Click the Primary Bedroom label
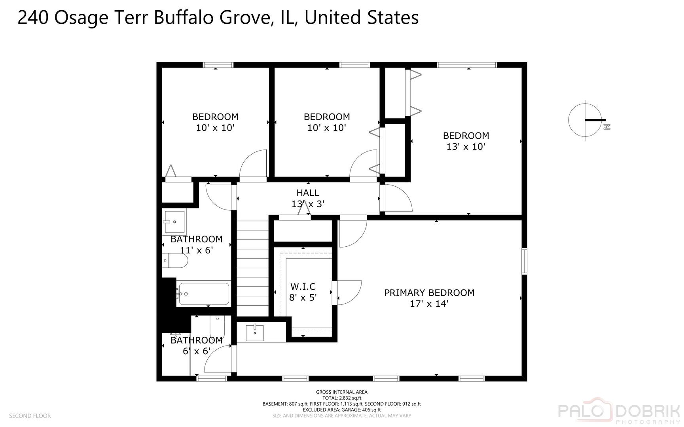tap(429, 293)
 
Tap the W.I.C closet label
tap(303, 286)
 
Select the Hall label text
tap(308, 193)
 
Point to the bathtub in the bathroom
tap(204, 294)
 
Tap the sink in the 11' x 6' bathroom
tap(174, 222)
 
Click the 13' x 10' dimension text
tap(466, 147)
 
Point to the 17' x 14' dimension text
tap(429, 304)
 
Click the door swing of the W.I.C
tap(349, 292)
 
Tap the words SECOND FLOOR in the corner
tap(30, 416)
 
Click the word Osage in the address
tap(81, 18)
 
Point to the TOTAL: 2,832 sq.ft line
tap(342, 398)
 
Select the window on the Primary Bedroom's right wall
tap(524, 261)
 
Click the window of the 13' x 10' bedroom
tap(467, 65)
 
